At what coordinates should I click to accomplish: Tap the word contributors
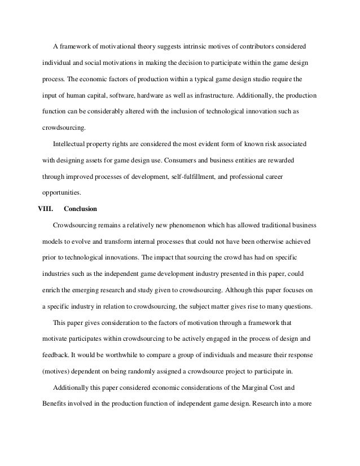click(x=262, y=45)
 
